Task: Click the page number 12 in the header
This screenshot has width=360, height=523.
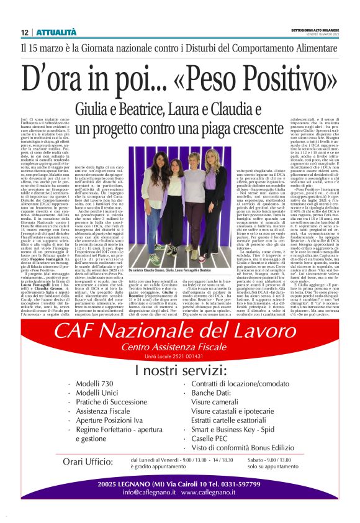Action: click(x=25, y=32)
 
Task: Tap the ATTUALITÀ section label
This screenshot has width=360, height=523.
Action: click(x=56, y=32)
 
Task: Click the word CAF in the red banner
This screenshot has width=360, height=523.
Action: click(x=79, y=332)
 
